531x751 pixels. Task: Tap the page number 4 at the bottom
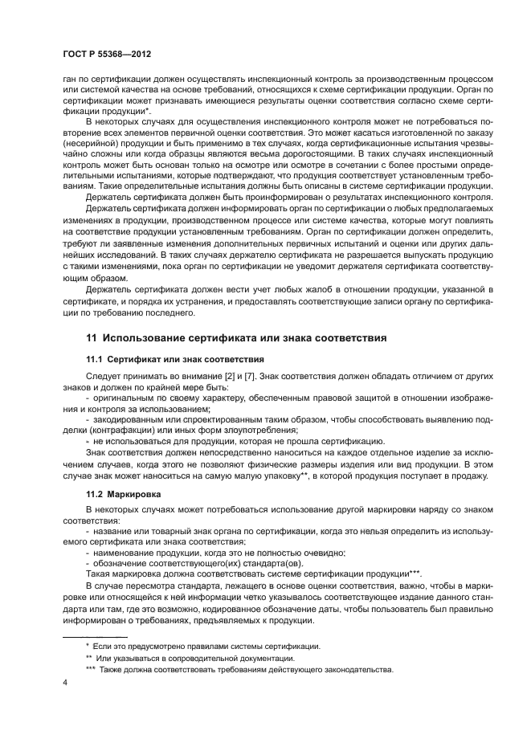click(x=64, y=684)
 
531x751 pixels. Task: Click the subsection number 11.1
click(x=96, y=359)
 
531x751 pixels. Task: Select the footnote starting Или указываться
click(x=197, y=656)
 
